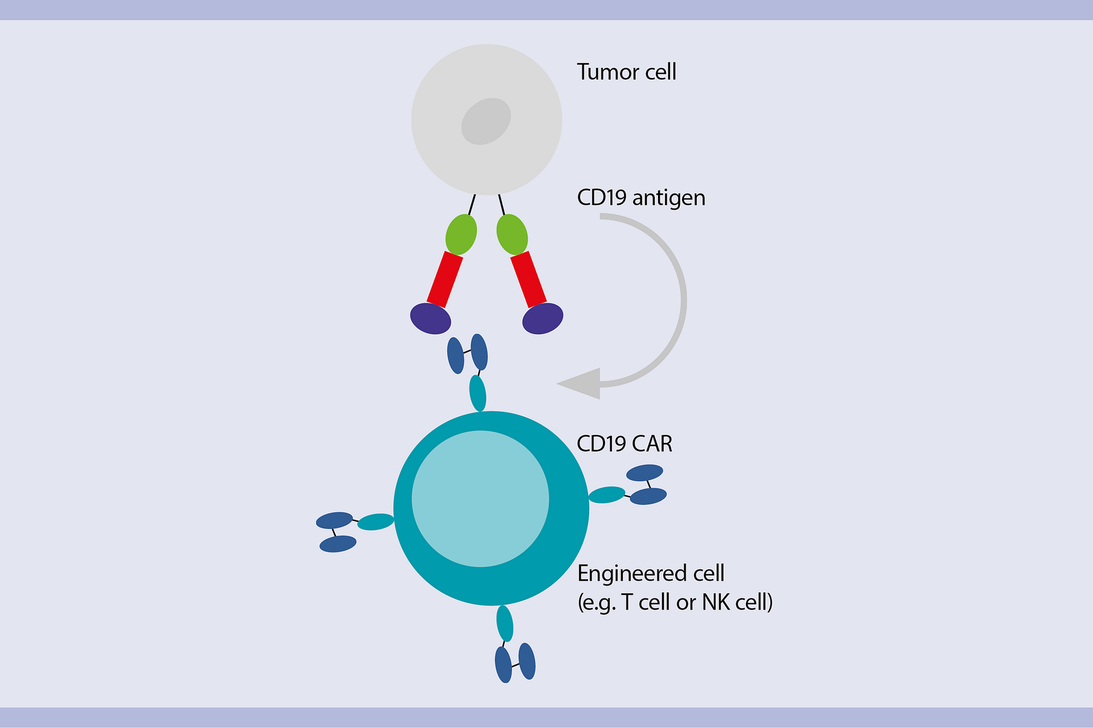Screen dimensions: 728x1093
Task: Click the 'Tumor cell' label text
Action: point(626,72)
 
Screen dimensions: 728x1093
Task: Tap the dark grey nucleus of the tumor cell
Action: point(486,121)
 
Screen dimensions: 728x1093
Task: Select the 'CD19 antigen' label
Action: point(640,198)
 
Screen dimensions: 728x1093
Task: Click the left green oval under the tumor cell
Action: point(461,234)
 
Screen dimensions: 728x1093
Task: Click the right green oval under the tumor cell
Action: point(512,234)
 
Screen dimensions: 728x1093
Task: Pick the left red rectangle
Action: point(445,280)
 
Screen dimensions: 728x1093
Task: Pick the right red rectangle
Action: point(528,280)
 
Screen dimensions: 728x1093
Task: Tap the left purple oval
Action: point(430,318)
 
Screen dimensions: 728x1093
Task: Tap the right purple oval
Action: point(543,318)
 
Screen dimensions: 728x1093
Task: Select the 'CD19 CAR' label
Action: point(624,444)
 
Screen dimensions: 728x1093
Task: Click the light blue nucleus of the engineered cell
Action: point(480,498)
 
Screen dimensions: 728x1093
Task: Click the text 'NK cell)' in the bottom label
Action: point(737,602)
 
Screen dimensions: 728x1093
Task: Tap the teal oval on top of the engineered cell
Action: point(478,393)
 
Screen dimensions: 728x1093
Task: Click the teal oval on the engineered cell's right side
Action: point(607,494)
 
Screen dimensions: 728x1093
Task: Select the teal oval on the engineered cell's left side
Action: point(375,521)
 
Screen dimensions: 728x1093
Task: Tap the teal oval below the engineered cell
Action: point(504,623)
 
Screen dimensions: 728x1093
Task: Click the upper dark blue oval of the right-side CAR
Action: point(644,473)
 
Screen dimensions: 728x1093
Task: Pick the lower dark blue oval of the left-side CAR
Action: point(338,544)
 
